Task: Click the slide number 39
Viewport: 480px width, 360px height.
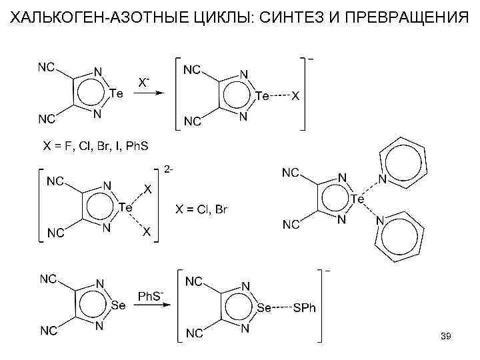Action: pyautogui.click(x=446, y=338)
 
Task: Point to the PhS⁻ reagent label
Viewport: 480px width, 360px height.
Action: pyautogui.click(x=151, y=295)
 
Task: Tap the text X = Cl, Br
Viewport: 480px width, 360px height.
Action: pyautogui.click(x=201, y=211)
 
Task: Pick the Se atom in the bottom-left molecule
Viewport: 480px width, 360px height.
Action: pyautogui.click(x=118, y=305)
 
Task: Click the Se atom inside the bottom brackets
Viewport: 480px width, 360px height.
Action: pyautogui.click(x=265, y=307)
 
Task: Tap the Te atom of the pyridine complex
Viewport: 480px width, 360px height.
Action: pyautogui.click(x=358, y=199)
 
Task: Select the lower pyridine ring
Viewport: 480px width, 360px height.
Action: pyautogui.click(x=398, y=238)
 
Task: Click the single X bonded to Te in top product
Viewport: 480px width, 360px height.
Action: pyautogui.click(x=296, y=96)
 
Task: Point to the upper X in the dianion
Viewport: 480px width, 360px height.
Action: pyautogui.click(x=147, y=189)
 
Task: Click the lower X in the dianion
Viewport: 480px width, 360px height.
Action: pyautogui.click(x=147, y=231)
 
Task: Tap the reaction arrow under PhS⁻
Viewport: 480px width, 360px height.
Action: pyautogui.click(x=151, y=307)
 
